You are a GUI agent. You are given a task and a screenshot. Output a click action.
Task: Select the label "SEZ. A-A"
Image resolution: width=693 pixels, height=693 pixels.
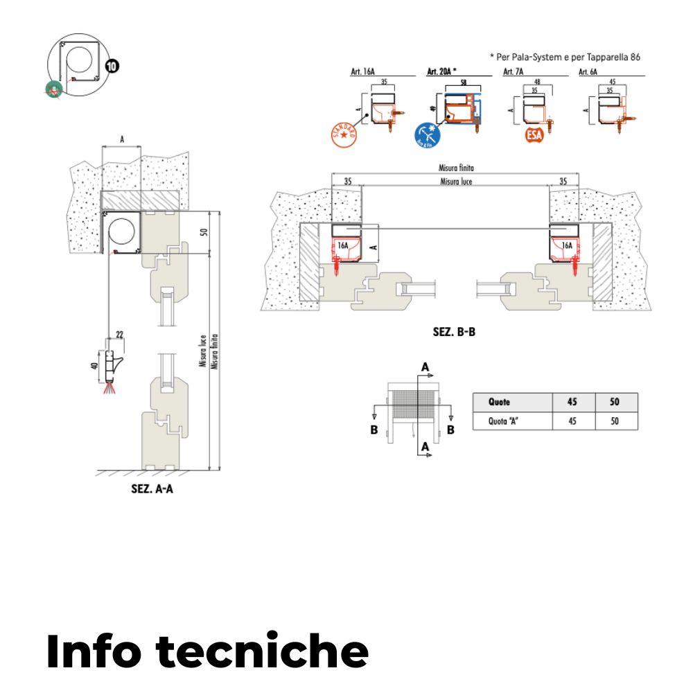coord(152,488)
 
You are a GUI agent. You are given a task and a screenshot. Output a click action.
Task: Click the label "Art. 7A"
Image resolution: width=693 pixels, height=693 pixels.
coord(513,71)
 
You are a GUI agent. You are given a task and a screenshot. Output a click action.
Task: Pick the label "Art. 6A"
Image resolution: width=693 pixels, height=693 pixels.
coord(588,71)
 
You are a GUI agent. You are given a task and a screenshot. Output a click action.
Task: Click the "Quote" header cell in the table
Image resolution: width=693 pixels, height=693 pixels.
coord(499,402)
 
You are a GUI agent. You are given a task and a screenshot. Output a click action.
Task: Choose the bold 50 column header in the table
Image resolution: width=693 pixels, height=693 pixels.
coord(615,402)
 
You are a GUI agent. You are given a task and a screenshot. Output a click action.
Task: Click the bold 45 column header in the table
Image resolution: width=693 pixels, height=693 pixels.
coord(572,402)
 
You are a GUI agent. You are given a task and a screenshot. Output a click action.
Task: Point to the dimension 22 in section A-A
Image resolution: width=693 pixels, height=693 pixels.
coord(119,335)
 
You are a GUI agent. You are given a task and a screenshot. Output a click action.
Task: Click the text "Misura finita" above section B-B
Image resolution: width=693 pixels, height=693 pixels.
coord(455,168)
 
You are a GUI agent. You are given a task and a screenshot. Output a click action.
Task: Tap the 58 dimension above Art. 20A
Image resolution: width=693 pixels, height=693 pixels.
coord(462,82)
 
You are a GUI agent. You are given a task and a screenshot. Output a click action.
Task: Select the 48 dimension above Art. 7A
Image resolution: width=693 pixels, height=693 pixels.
coord(537,82)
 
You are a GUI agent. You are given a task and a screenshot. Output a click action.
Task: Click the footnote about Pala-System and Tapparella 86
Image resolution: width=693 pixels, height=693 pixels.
coord(564,58)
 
